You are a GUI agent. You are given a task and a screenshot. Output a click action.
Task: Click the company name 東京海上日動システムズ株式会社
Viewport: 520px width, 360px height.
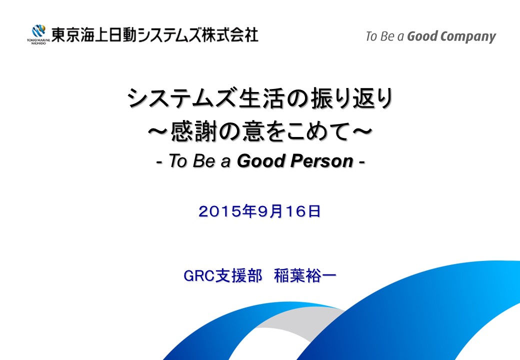tap(154, 35)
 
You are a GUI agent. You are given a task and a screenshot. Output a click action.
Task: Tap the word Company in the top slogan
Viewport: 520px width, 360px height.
tap(468, 37)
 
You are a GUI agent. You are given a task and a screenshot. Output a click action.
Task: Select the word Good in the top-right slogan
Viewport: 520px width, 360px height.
tap(422, 36)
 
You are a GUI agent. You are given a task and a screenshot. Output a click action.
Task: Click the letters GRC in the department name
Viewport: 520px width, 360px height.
tap(198, 275)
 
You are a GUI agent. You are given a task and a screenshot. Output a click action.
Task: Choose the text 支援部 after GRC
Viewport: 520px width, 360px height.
tap(238, 275)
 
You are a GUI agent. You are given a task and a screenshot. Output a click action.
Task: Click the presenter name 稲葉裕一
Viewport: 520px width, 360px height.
tap(305, 275)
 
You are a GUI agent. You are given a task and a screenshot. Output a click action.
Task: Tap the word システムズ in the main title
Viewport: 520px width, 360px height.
tap(182, 99)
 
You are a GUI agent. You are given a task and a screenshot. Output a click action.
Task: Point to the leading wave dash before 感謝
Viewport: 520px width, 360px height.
tap(158, 131)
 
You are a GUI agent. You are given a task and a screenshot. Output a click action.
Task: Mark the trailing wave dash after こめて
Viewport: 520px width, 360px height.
tap(362, 131)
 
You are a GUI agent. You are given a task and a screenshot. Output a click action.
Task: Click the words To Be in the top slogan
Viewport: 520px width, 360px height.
tap(380, 36)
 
